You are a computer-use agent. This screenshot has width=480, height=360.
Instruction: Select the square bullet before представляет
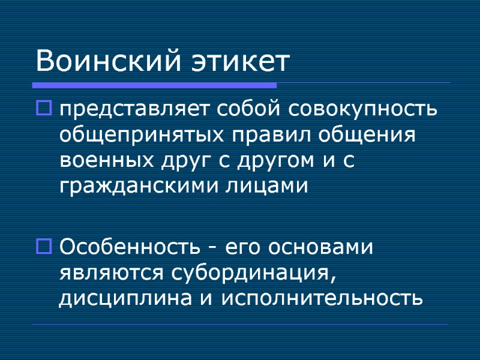[x=45, y=109]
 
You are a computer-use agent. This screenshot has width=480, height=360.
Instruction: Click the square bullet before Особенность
[x=45, y=245]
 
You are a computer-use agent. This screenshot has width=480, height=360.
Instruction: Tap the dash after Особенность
[x=212, y=248]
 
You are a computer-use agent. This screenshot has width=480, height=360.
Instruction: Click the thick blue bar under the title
[x=156, y=85]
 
